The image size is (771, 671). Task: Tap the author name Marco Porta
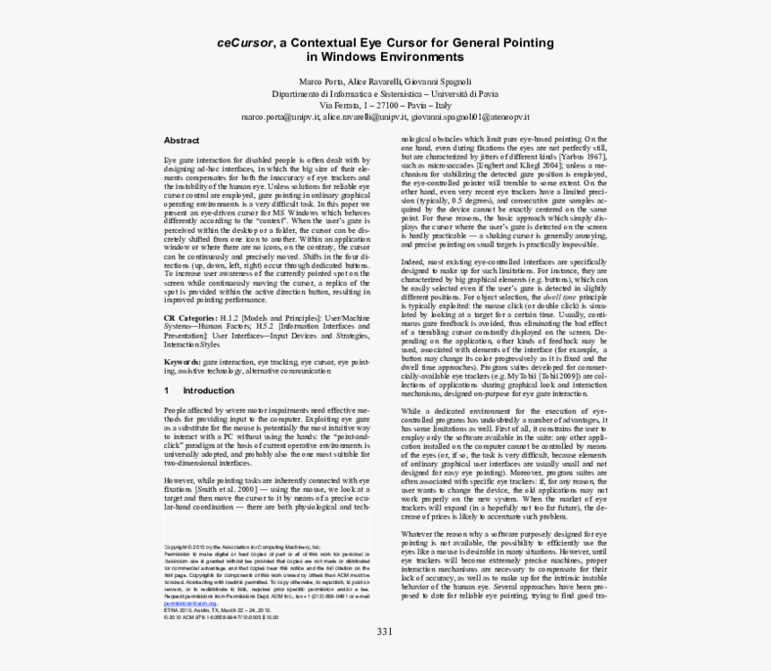click(x=323, y=82)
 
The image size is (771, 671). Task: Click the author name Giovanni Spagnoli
click(x=439, y=82)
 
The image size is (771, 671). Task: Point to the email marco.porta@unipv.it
click(x=282, y=116)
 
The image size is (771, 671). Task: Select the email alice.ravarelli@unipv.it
click(x=366, y=116)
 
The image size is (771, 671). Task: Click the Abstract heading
click(x=181, y=141)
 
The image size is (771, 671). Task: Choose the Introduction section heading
click(x=209, y=391)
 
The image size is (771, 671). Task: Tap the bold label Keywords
click(x=182, y=361)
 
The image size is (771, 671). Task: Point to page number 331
click(x=385, y=632)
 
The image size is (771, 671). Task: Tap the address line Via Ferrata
click(x=385, y=105)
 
